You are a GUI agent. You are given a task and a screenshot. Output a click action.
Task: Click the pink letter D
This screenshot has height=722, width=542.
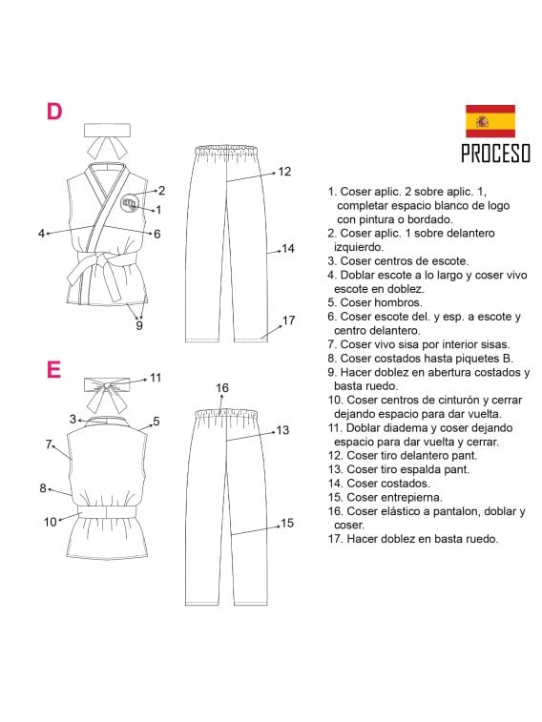[x=54, y=111]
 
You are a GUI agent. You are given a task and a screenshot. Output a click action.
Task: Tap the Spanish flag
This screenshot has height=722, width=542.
[x=490, y=121]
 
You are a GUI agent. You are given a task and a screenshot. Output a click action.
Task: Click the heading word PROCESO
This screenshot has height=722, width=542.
[x=495, y=154]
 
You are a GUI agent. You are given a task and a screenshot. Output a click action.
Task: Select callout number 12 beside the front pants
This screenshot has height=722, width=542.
[x=283, y=172]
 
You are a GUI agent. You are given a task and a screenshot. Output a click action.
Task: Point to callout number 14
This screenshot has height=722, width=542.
[x=287, y=249]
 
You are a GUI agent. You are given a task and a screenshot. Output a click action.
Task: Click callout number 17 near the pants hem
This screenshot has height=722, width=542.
[x=289, y=320]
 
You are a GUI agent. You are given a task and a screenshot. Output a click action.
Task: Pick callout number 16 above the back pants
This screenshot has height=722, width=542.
[x=222, y=387]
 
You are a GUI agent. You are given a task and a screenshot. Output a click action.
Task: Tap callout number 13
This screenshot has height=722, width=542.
[x=282, y=430]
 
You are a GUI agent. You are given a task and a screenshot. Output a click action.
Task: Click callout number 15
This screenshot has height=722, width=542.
[x=286, y=523]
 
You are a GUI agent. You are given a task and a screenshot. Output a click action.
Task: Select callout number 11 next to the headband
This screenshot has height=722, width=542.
[x=156, y=378]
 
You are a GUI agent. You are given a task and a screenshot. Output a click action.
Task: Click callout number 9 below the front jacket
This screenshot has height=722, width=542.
[x=139, y=326]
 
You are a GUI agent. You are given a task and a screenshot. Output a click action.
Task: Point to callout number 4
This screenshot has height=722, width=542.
[x=42, y=233]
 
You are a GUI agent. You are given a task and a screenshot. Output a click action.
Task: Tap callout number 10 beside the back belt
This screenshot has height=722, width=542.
[x=50, y=522]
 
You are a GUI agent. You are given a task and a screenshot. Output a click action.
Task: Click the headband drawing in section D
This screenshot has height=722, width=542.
[x=104, y=138]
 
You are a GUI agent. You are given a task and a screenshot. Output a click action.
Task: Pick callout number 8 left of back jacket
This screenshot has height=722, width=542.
[x=43, y=487]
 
